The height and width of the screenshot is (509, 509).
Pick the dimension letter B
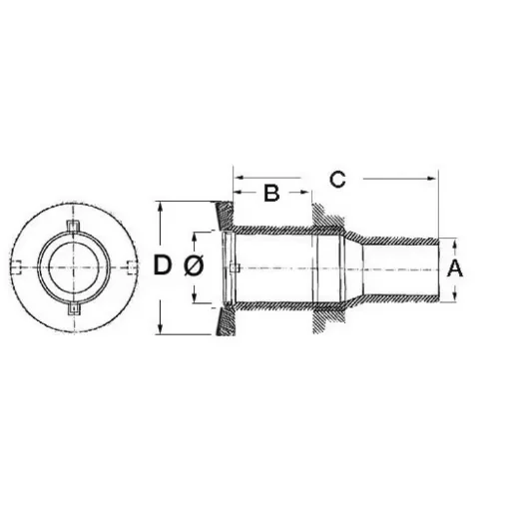[270, 194]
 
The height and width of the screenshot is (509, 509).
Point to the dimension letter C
[337, 179]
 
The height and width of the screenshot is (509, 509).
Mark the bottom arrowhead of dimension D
[162, 330]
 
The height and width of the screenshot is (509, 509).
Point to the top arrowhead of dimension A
[455, 243]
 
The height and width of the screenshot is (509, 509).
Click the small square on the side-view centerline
[233, 267]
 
